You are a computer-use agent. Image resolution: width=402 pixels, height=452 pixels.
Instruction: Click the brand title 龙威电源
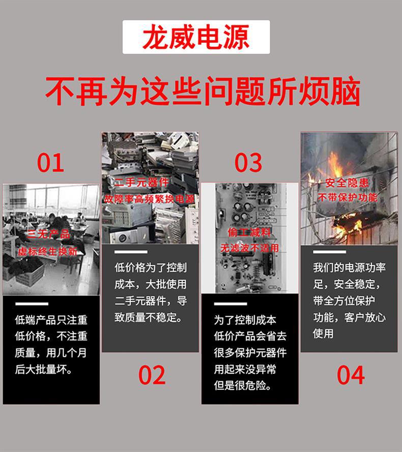click(196, 38)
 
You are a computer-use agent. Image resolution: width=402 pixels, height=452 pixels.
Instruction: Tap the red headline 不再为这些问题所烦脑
click(203, 92)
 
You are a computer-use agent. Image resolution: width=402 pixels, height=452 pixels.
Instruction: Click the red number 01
click(50, 163)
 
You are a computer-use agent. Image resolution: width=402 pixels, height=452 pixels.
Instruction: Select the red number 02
click(152, 375)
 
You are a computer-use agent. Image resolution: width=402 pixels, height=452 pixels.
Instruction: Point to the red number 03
click(248, 163)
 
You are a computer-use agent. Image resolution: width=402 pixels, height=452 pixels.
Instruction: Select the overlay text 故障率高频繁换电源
click(150, 199)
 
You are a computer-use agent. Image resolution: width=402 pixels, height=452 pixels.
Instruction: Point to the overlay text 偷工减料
click(249, 232)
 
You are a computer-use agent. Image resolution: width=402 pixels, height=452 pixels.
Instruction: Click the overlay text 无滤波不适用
click(249, 248)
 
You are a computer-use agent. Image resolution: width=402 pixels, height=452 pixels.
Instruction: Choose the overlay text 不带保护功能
click(348, 197)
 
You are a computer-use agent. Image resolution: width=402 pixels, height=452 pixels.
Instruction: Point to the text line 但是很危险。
click(242, 385)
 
